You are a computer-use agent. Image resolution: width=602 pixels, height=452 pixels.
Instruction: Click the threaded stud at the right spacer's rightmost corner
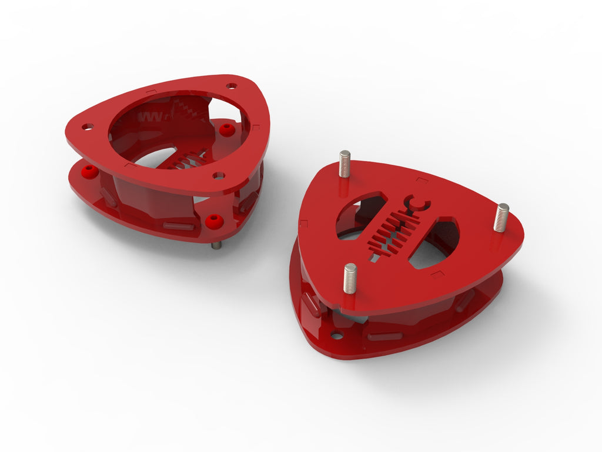pyautogui.click(x=501, y=217)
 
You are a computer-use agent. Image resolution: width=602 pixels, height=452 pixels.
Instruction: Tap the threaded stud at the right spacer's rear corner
pyautogui.click(x=345, y=163)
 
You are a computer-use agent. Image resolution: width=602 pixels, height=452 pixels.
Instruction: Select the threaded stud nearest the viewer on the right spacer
pyautogui.click(x=350, y=278)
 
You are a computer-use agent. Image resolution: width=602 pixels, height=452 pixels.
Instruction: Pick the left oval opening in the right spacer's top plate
pyautogui.click(x=358, y=215)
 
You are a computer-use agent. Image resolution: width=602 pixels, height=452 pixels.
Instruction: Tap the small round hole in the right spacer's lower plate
pyautogui.click(x=337, y=335)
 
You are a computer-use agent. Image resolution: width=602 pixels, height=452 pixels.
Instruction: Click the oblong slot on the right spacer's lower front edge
pyautogui.click(x=385, y=337)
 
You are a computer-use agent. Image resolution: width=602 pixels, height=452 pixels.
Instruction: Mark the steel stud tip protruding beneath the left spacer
pyautogui.click(x=217, y=245)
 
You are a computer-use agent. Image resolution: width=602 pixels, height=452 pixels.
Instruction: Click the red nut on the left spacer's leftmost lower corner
pyautogui.click(x=89, y=171)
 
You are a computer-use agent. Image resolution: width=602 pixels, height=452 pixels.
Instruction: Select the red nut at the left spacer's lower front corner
pyautogui.click(x=214, y=221)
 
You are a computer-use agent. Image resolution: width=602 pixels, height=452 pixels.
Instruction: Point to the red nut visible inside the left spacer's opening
pyautogui.click(x=226, y=129)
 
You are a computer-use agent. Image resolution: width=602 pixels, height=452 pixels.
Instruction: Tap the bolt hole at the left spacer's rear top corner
pyautogui.click(x=231, y=86)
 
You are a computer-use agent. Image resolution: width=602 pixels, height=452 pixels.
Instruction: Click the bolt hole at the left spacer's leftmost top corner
pyautogui.click(x=88, y=127)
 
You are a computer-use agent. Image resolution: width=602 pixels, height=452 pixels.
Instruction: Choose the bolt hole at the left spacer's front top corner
pyautogui.click(x=219, y=175)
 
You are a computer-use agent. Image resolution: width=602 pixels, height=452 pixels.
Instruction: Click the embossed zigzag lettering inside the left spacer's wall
pyautogui.click(x=150, y=116)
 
